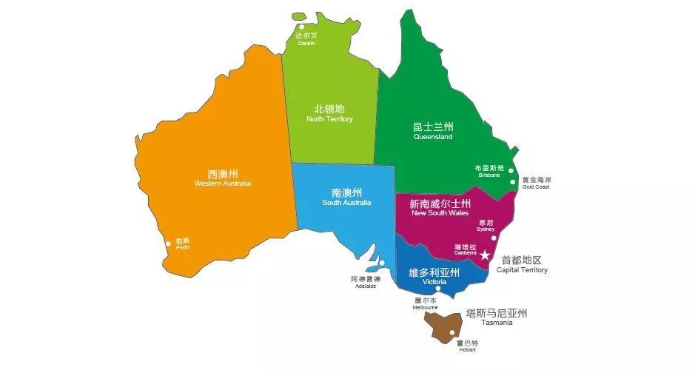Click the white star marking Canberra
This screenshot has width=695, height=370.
485,255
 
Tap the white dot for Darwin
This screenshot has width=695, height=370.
301,27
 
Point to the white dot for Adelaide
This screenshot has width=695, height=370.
383,263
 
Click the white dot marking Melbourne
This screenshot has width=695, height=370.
438,292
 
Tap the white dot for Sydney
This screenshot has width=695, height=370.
494,238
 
